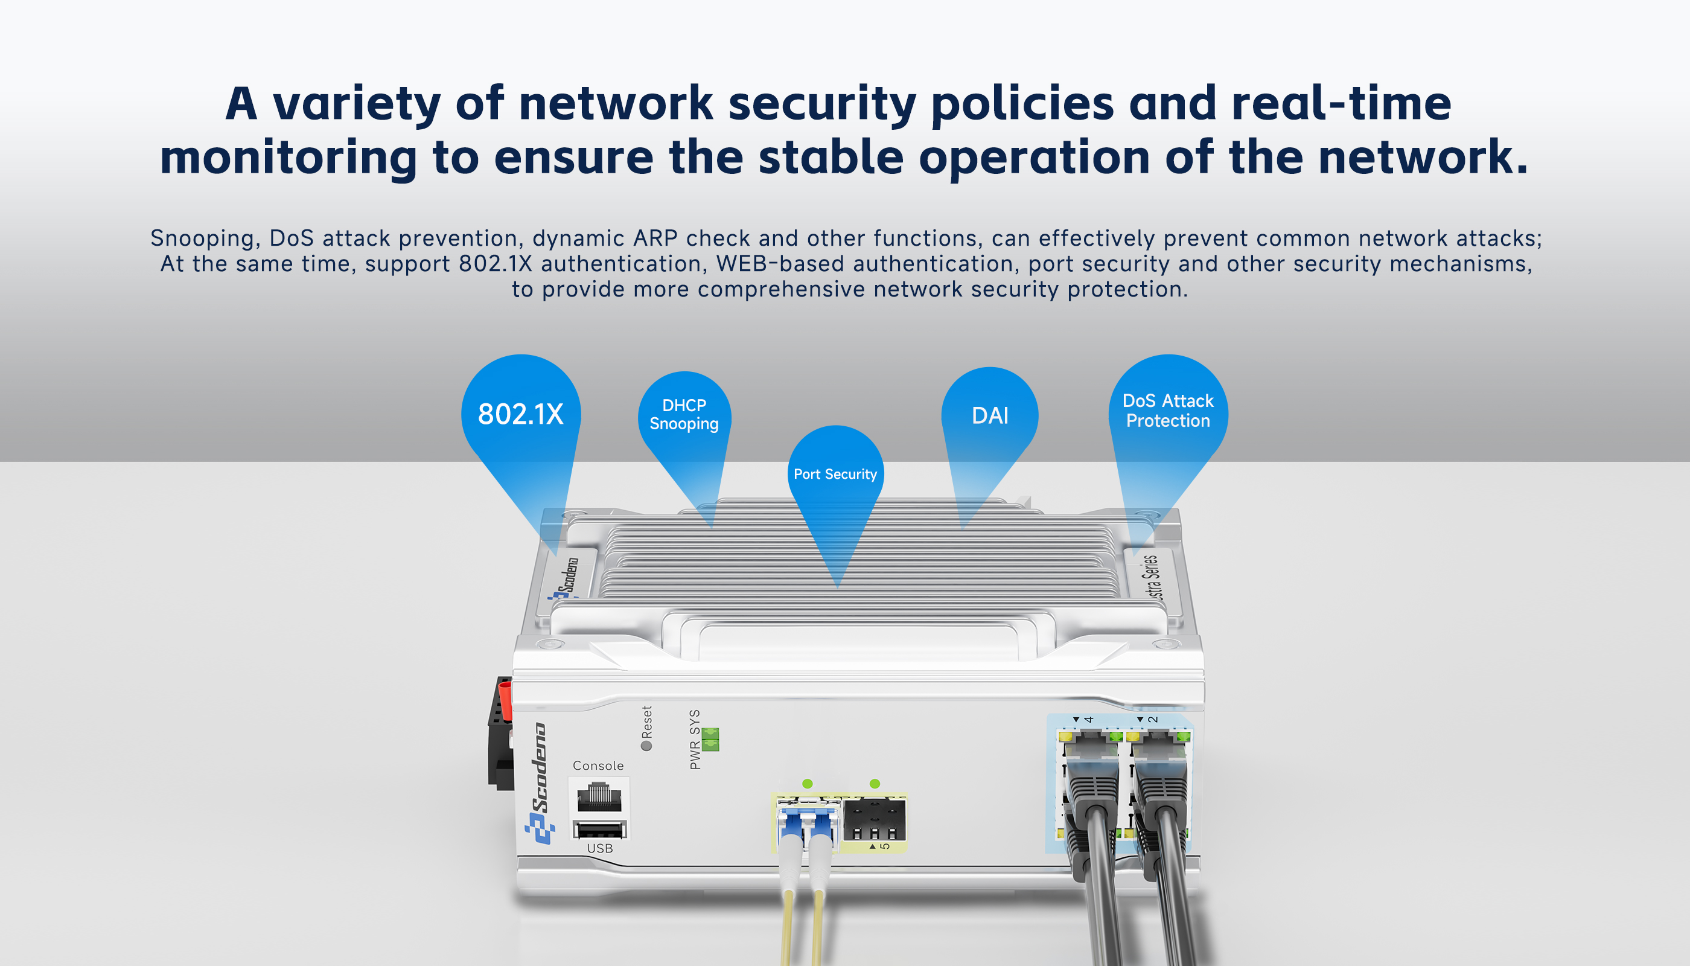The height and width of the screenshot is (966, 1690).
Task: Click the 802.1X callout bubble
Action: pos(521,414)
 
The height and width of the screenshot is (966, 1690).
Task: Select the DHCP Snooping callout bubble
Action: pos(684,415)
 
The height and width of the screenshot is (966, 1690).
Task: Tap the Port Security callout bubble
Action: pos(835,474)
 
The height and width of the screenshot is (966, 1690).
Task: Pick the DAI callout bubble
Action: pos(990,415)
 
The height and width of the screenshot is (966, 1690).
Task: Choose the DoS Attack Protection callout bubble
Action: pos(1167,411)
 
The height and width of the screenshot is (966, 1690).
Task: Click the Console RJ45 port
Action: pos(599,796)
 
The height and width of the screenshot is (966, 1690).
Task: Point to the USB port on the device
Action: pos(599,830)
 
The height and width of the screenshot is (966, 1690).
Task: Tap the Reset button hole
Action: pos(646,746)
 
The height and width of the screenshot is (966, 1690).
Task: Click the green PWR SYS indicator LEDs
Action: pos(710,738)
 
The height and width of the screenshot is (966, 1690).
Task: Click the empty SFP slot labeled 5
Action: pos(874,820)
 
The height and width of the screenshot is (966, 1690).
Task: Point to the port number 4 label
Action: pos(1088,719)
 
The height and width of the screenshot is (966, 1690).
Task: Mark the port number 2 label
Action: pos(1153,719)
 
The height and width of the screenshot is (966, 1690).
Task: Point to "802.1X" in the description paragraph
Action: pos(496,263)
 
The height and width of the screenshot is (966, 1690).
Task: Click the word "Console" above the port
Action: pos(598,766)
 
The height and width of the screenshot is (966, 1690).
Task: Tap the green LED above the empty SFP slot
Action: pos(875,784)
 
